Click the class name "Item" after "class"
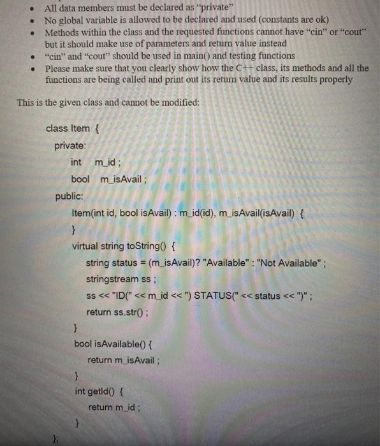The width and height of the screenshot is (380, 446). [81, 128]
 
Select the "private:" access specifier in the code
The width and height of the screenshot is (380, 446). [69, 146]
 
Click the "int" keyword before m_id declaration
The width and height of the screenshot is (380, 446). [76, 162]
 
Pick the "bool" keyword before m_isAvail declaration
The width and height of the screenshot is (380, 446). [80, 180]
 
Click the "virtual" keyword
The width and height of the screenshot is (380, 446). [85, 246]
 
